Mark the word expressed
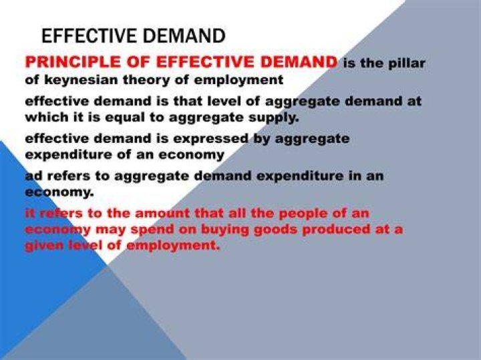click(x=210, y=139)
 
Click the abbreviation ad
click(x=33, y=176)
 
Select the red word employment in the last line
click(x=173, y=246)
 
